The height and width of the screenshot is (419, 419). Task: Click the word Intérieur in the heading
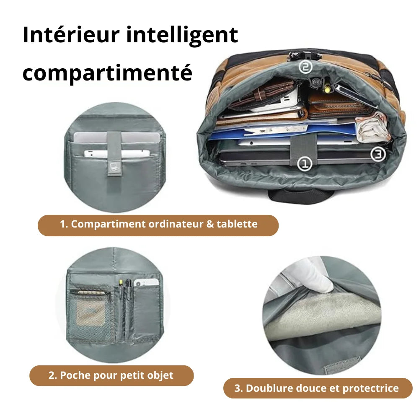click(x=71, y=35)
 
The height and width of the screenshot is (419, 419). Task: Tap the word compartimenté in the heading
click(x=107, y=73)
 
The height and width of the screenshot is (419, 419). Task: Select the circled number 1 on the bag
click(x=305, y=163)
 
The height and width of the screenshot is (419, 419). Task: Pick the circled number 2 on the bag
click(x=305, y=67)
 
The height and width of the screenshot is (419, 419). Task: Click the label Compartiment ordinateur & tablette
click(x=159, y=224)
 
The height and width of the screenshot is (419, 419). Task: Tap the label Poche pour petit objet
click(x=111, y=375)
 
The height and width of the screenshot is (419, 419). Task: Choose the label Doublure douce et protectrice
click(x=316, y=388)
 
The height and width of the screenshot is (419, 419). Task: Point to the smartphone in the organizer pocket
click(x=146, y=282)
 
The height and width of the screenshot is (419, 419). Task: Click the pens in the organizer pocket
click(x=126, y=307)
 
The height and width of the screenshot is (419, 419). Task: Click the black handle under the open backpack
click(x=300, y=196)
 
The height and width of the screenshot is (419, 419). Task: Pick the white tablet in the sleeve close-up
click(x=117, y=154)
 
